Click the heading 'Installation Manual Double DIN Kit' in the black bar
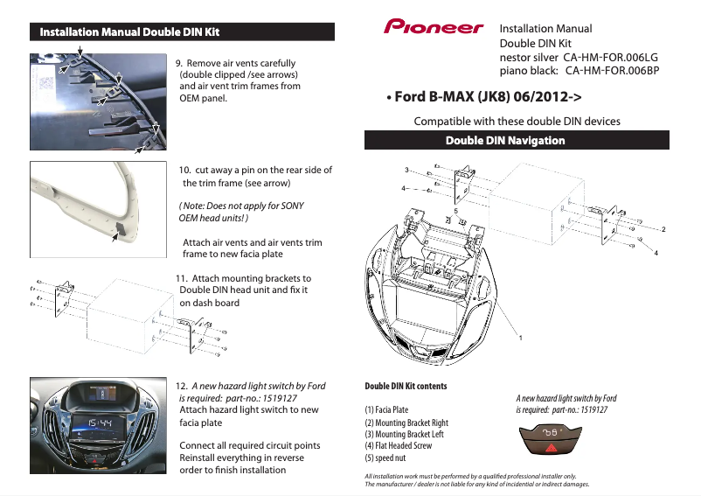click(x=125, y=32)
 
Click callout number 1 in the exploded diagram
click(x=520, y=338)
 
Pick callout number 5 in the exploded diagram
click(x=455, y=211)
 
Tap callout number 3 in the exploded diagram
click(x=406, y=169)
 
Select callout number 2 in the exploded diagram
click(x=664, y=229)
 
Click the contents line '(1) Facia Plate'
click(x=385, y=409)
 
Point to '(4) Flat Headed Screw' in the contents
click(x=398, y=445)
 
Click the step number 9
click(x=179, y=64)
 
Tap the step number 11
click(x=182, y=279)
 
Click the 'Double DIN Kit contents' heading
click(x=405, y=386)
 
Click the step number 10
click(x=184, y=170)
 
